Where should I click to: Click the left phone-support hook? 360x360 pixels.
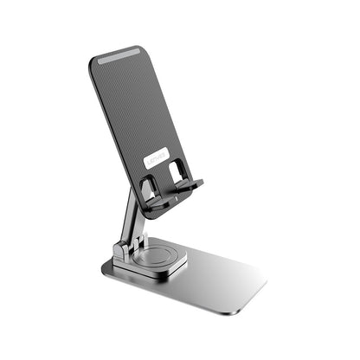pyautogui.click(x=154, y=203)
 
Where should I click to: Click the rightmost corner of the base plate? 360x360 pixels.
pyautogui.click(x=266, y=283)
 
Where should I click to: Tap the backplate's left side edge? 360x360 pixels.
pyautogui.click(x=113, y=130)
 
